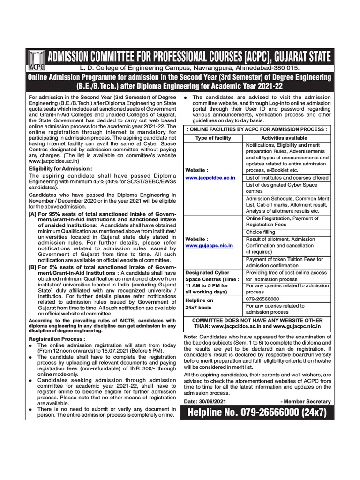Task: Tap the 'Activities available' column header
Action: tap(284, 138)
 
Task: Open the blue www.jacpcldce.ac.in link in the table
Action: tap(210, 179)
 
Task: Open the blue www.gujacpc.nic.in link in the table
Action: tap(209, 245)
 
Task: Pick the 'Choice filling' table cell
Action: tap(261, 232)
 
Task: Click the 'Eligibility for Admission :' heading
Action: tap(60, 168)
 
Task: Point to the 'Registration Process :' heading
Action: tap(57, 338)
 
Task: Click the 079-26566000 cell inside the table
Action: tap(262, 299)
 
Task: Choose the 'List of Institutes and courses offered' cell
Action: tap(287, 178)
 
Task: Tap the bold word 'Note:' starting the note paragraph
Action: tap(191, 337)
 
